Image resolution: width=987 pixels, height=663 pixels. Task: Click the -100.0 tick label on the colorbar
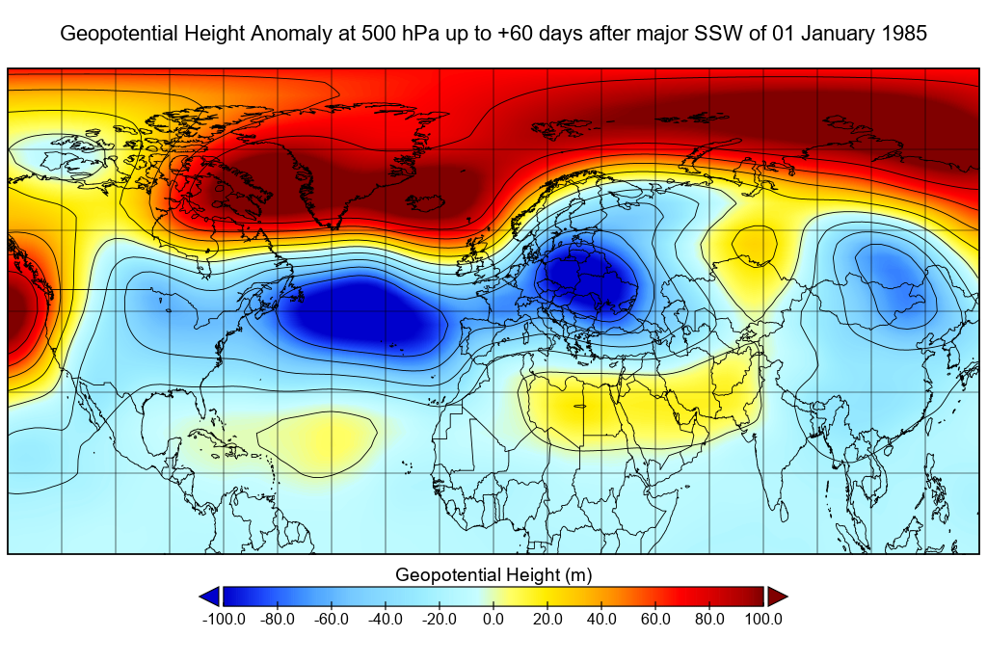[224, 619]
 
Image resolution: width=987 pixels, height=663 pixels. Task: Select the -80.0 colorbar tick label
[278, 619]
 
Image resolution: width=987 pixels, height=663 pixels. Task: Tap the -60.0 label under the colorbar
[332, 619]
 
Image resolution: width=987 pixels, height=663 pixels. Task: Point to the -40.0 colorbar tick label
[386, 619]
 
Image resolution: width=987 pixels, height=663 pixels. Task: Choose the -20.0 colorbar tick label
[440, 619]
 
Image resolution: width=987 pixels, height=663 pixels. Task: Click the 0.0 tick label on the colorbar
[493, 619]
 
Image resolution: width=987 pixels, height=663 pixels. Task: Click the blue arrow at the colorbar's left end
[209, 597]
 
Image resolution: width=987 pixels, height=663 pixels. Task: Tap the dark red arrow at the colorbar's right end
[778, 597]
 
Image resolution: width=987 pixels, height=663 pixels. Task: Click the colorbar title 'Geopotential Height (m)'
[493, 575]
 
